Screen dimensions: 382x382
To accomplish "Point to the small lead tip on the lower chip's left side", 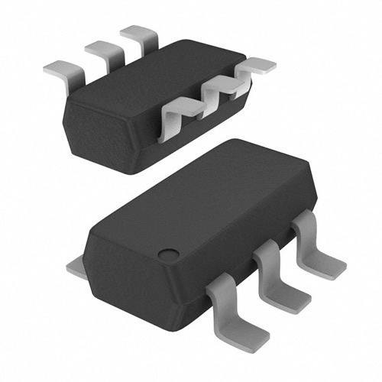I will point(74,267).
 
